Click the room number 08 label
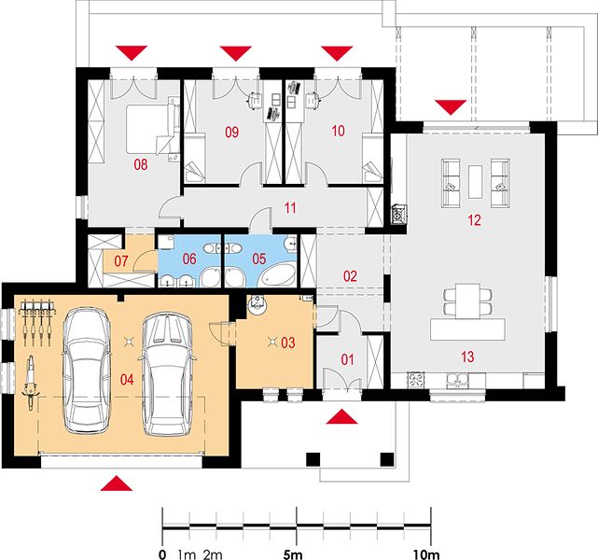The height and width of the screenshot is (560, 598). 141,164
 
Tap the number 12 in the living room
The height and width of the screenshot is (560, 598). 474,220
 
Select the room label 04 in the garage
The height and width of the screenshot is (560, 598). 127,379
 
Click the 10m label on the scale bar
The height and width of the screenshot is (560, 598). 426,554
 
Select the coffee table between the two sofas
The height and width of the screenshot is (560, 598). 475,182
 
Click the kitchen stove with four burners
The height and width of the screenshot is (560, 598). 416,380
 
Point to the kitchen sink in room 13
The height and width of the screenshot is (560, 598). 458,380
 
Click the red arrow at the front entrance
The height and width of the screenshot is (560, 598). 342,416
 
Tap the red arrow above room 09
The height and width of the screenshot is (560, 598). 236,53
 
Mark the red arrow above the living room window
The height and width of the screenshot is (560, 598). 451,107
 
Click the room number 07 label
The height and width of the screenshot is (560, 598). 121,261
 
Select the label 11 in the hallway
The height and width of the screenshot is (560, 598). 290,208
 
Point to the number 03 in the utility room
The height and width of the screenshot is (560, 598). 288,343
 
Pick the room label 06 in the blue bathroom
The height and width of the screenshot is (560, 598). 189,259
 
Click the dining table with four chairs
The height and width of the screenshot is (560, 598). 468,301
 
